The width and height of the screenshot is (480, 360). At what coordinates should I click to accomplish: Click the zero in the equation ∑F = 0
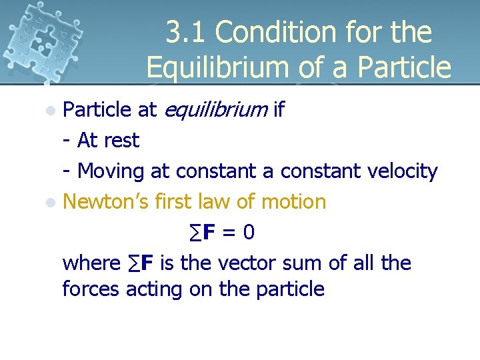click(248, 232)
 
